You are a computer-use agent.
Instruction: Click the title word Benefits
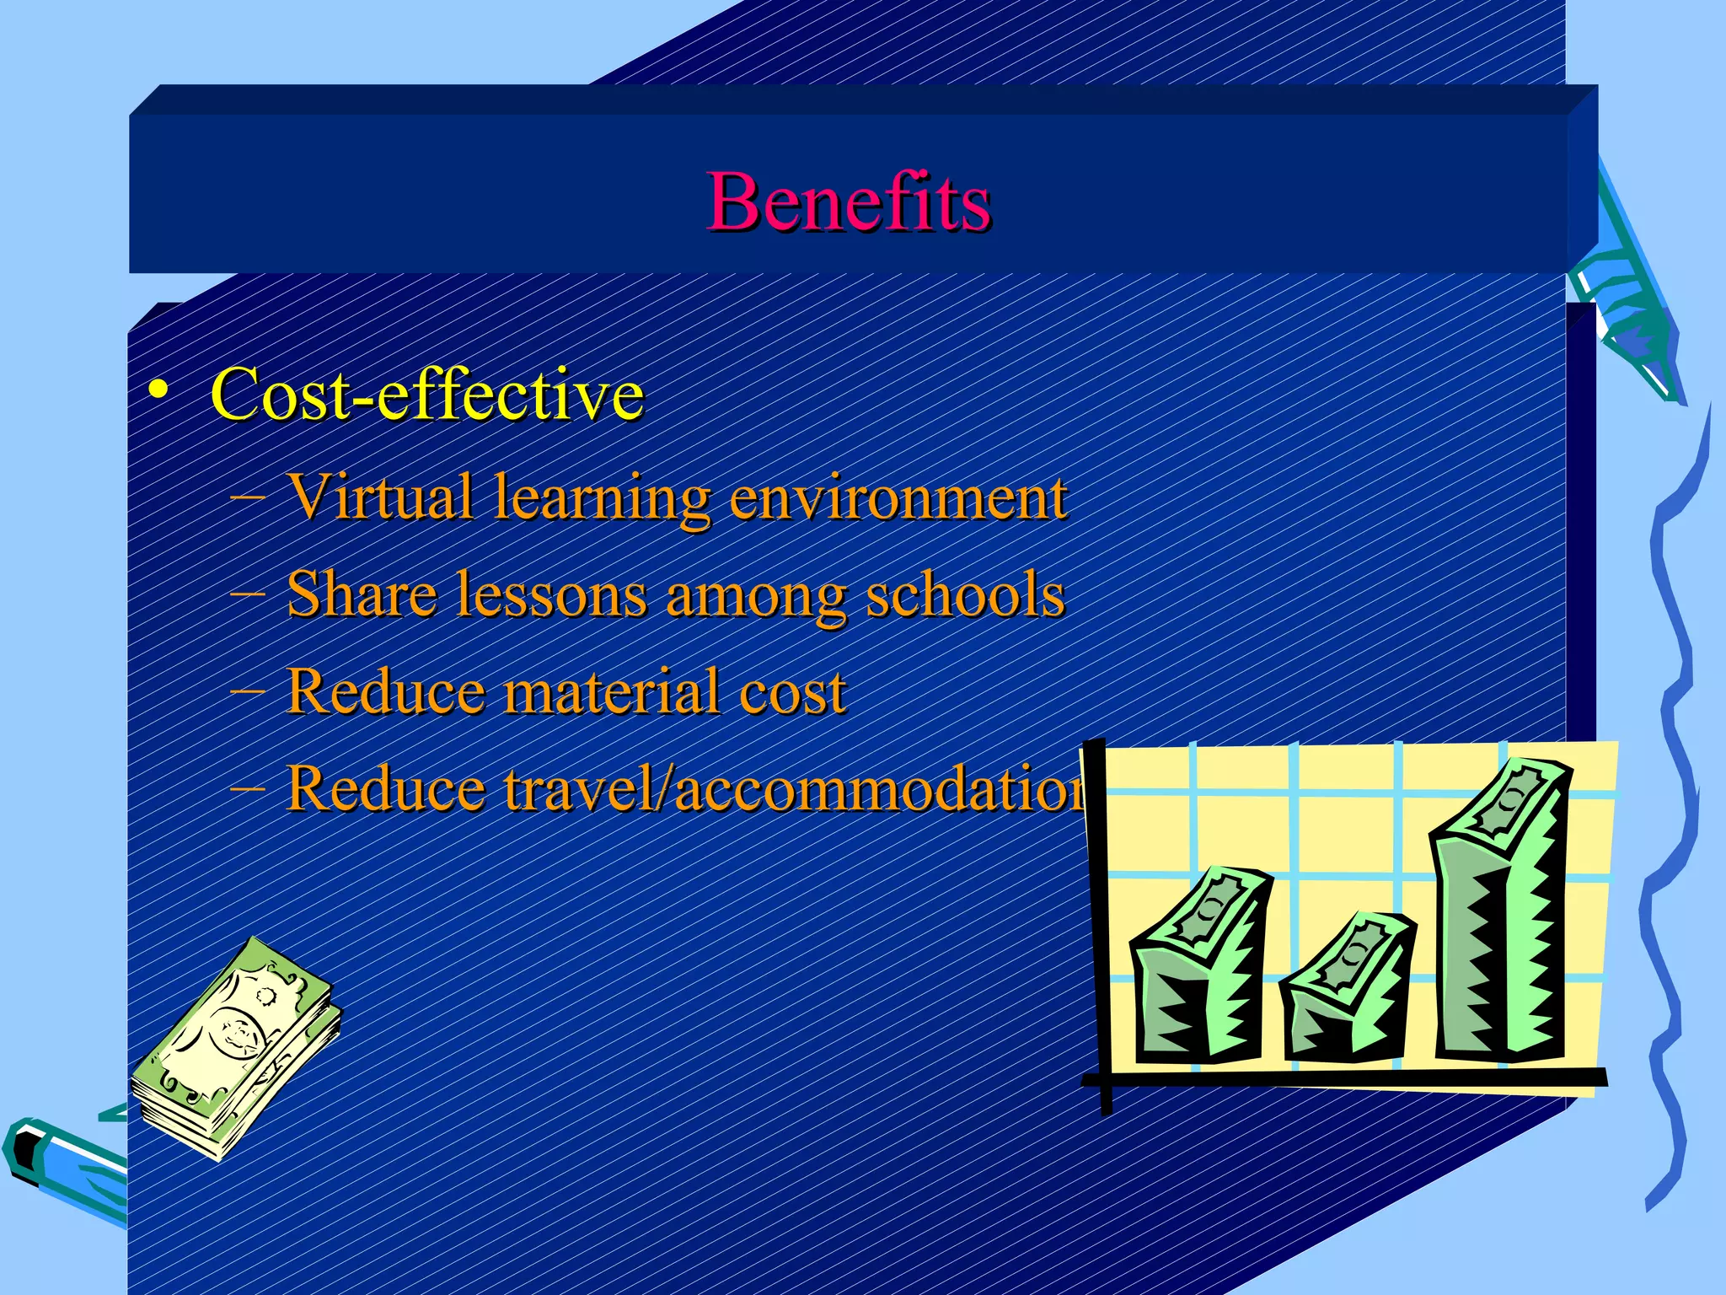pos(849,202)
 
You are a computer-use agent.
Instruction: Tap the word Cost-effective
pos(426,394)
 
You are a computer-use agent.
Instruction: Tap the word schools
pos(965,594)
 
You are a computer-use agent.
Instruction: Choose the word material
pos(610,691)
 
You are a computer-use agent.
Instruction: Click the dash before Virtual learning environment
pos(246,497)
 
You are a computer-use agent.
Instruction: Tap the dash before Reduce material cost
pos(246,691)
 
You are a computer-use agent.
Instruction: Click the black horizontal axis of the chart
pos(1348,1078)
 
